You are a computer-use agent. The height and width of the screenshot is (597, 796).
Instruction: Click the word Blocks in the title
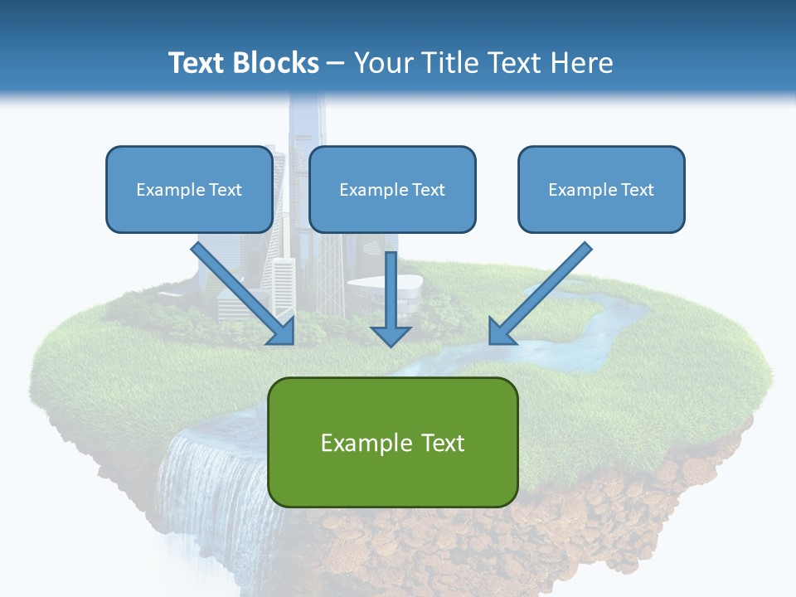(277, 63)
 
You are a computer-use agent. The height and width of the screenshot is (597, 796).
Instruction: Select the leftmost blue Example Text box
(189, 190)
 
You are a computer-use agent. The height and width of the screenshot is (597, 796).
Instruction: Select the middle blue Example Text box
(392, 190)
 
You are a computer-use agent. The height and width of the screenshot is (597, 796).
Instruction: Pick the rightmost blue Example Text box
(601, 190)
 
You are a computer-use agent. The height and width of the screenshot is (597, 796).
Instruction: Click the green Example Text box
(392, 442)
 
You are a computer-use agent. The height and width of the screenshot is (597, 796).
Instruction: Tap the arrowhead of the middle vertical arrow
(391, 336)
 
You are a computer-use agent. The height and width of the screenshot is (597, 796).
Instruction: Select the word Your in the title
(382, 63)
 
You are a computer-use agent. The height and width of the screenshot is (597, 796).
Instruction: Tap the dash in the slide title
(336, 64)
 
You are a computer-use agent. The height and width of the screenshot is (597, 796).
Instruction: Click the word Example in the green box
(361, 443)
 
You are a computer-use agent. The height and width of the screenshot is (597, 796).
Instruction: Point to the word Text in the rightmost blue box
(637, 190)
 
